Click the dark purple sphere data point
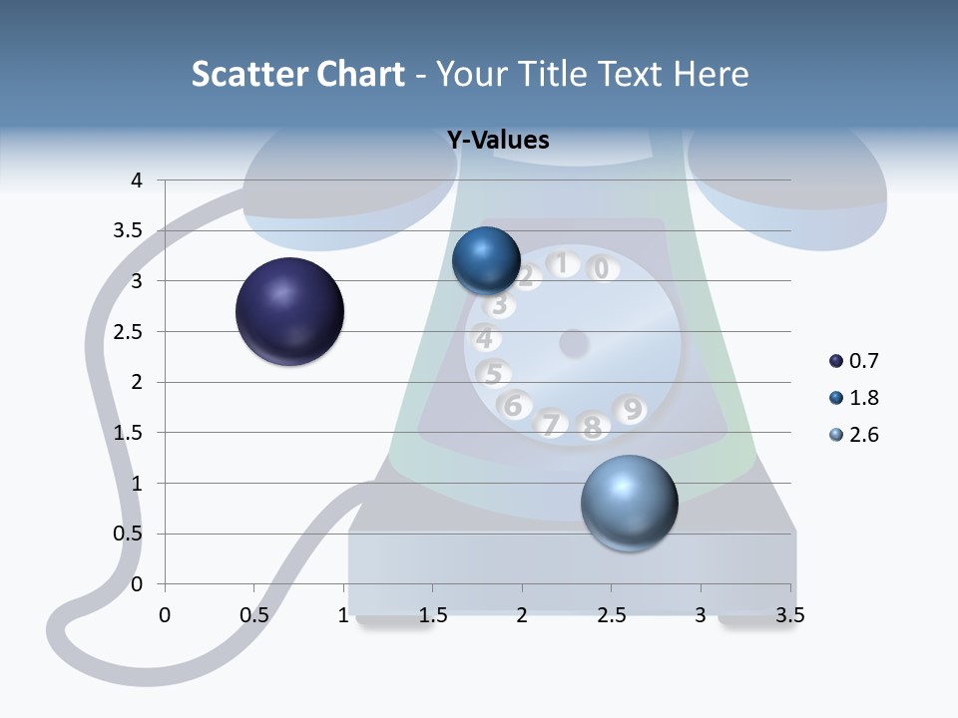(x=289, y=311)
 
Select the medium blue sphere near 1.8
(x=486, y=261)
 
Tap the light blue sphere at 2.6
(x=629, y=503)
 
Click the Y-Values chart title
(x=498, y=141)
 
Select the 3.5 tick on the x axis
(x=789, y=615)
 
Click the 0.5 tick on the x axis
(x=254, y=615)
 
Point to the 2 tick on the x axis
(x=522, y=615)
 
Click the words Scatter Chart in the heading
(x=297, y=74)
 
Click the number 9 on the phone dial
(x=632, y=408)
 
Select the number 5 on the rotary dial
(x=493, y=374)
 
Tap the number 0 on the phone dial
(x=601, y=268)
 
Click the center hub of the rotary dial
(x=573, y=343)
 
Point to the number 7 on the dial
(x=551, y=424)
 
